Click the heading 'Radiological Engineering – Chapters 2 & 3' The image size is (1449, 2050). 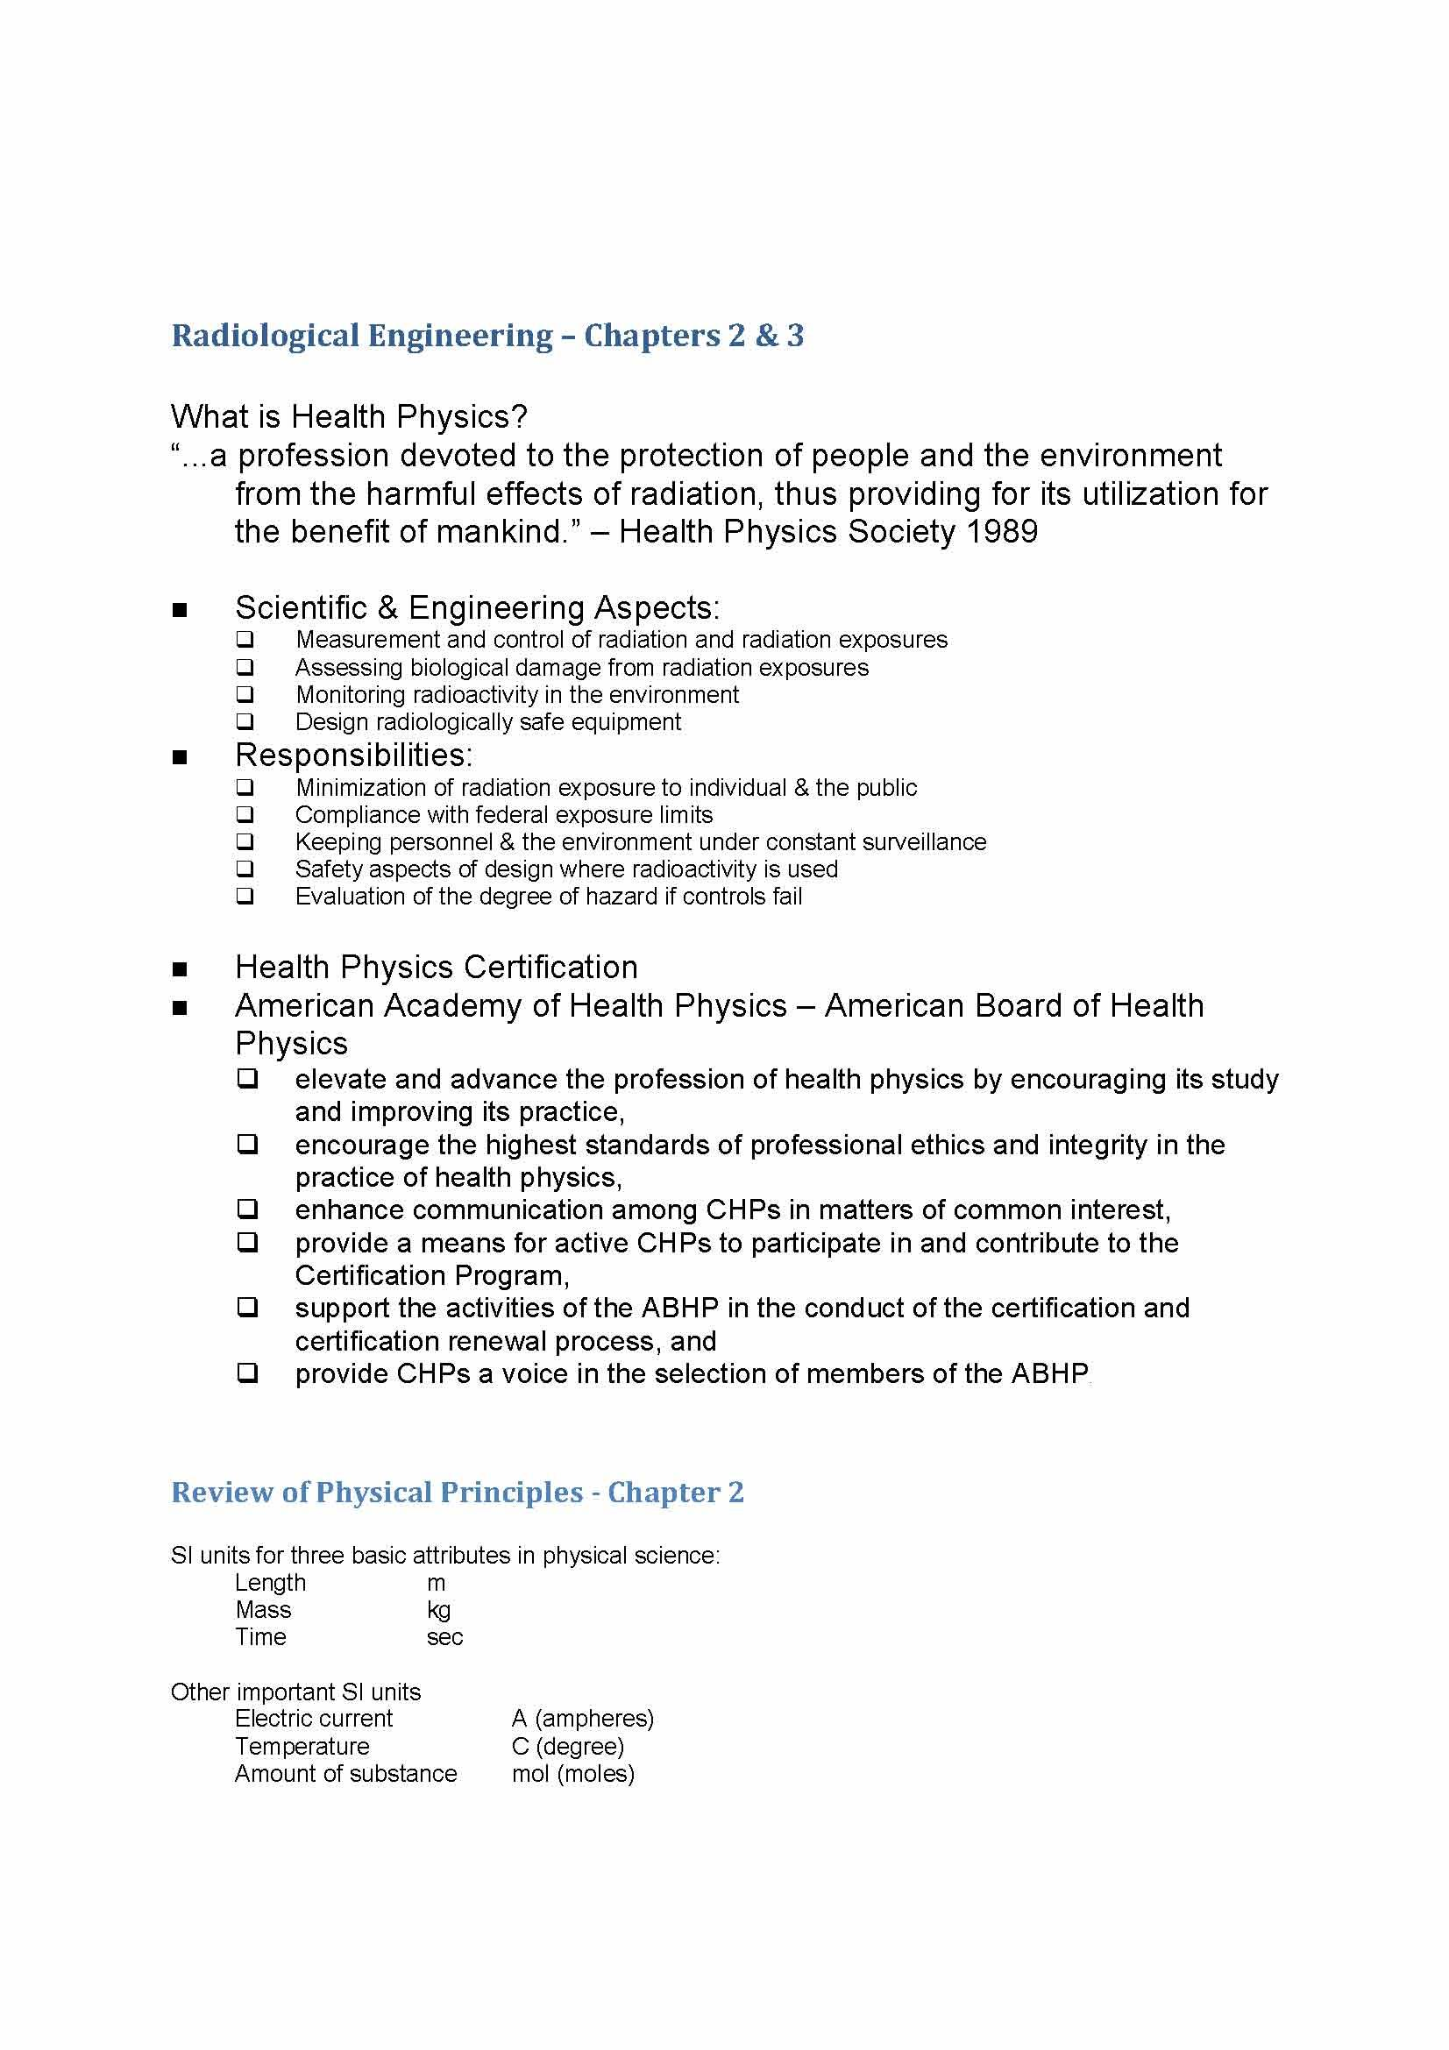coord(487,336)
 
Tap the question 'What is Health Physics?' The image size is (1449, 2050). coord(348,416)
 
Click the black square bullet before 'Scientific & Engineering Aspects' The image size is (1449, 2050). coord(180,611)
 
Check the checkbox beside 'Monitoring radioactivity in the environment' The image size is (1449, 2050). coord(245,695)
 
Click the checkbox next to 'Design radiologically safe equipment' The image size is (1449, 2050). coord(245,721)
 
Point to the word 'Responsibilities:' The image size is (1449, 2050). coord(353,755)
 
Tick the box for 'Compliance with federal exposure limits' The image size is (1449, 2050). coord(245,814)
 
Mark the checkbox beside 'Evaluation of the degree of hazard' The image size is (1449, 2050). coord(245,896)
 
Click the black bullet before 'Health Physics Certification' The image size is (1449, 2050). coord(180,969)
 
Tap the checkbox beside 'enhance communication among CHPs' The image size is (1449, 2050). coord(247,1209)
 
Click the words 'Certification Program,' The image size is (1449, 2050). coord(432,1275)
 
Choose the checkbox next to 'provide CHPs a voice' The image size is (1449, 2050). coord(247,1373)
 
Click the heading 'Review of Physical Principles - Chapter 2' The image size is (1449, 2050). coord(457,1493)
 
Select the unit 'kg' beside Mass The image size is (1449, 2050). coord(438,1610)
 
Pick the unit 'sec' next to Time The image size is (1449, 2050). coord(444,1637)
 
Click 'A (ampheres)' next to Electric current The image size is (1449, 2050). coord(582,1719)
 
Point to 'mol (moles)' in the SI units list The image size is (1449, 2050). coord(572,1773)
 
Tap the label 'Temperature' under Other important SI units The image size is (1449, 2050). coord(302,1747)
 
